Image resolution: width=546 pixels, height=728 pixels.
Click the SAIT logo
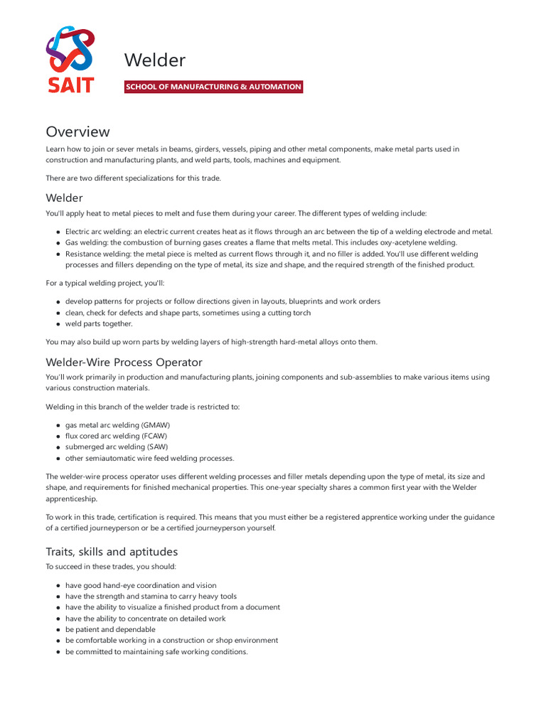(x=70, y=60)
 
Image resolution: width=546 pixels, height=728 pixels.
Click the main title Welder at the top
(x=154, y=60)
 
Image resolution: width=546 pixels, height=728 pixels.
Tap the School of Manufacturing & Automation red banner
(x=213, y=87)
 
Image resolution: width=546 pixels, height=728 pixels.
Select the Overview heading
(x=77, y=132)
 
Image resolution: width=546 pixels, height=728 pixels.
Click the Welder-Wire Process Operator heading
(x=124, y=361)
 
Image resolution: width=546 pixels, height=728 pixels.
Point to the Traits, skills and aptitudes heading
(x=112, y=552)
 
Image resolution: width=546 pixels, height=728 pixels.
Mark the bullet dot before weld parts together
(x=58, y=324)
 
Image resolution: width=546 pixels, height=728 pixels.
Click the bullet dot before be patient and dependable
(x=58, y=630)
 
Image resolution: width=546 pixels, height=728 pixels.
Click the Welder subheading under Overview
(x=64, y=198)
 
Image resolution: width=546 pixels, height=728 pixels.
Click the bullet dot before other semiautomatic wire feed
(x=58, y=459)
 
